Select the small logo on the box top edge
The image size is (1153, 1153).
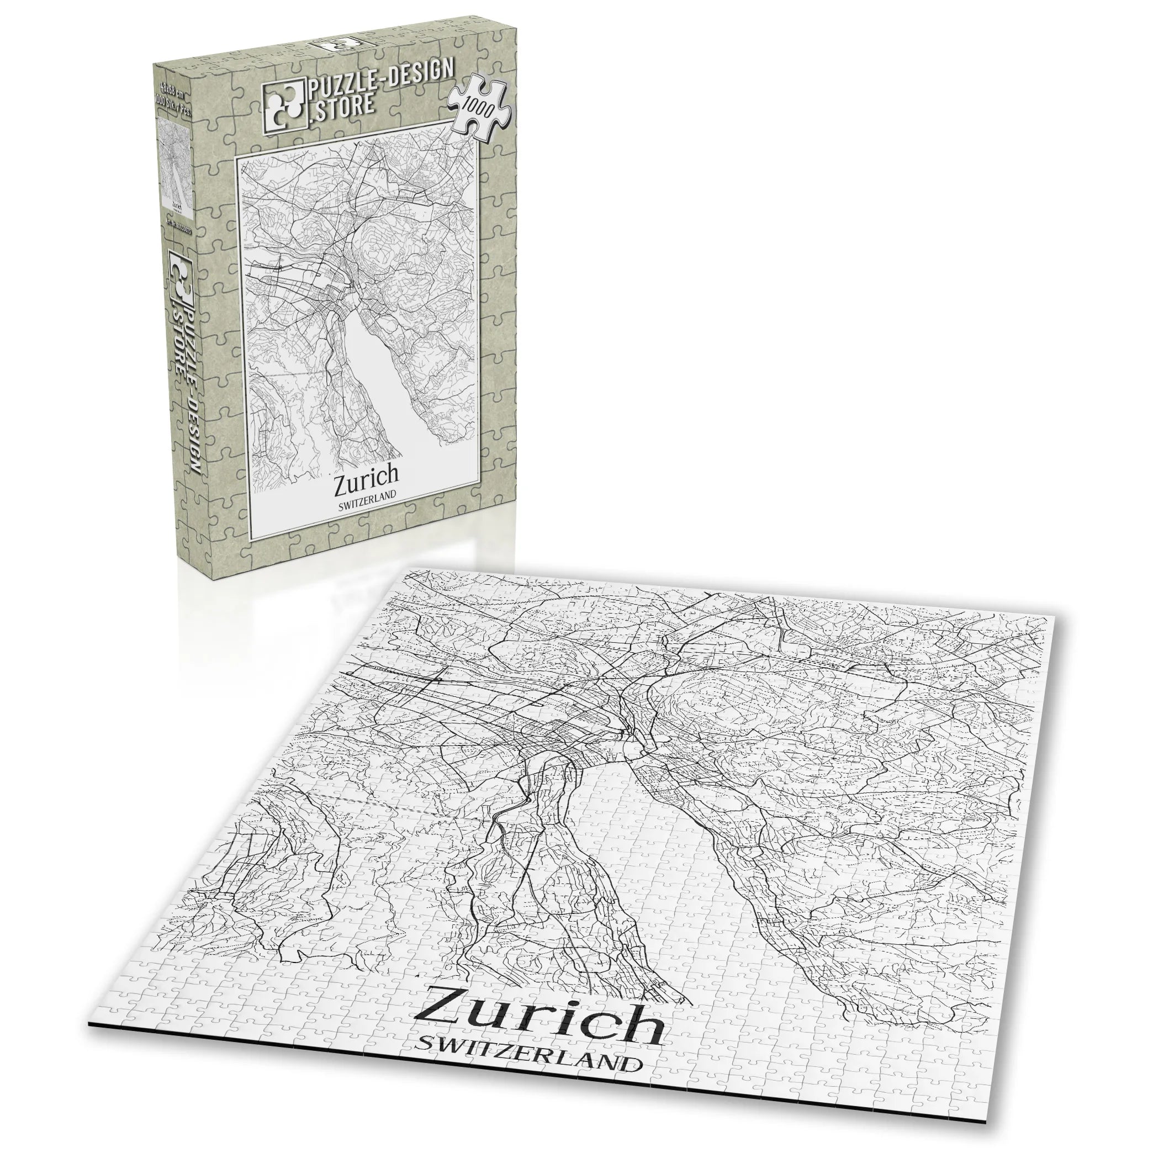pos(337,45)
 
